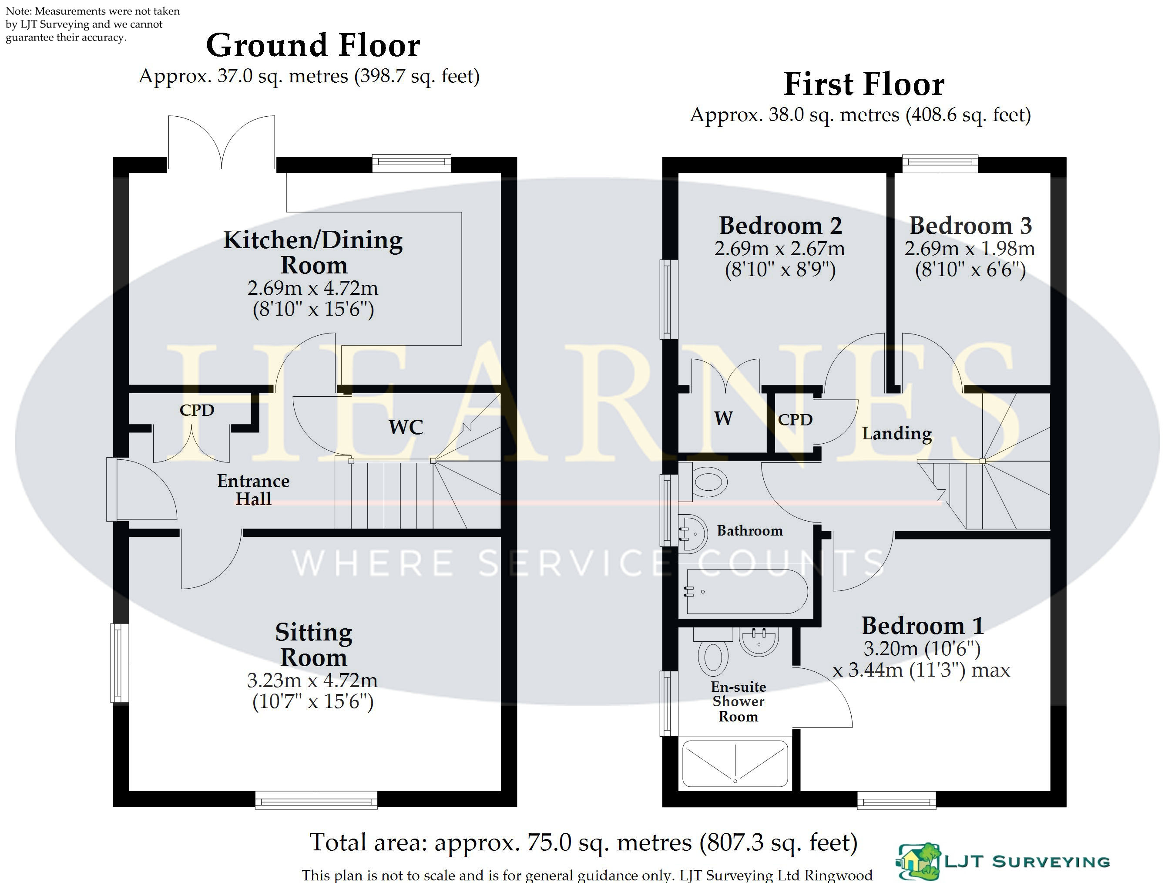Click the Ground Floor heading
[x=313, y=45]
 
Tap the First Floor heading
[x=864, y=84]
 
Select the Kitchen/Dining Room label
[x=313, y=252]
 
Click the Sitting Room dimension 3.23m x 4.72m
[x=312, y=680]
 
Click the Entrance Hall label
[x=253, y=489]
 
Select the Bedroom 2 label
[x=780, y=226]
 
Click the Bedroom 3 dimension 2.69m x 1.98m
[x=970, y=248]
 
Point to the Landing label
[x=896, y=434]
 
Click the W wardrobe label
[x=723, y=418]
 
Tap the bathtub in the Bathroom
[x=747, y=591]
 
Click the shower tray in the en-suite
[x=735, y=764]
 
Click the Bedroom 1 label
[x=923, y=625]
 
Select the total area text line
[x=583, y=842]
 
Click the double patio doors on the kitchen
[x=222, y=142]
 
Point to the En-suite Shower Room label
[x=739, y=702]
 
